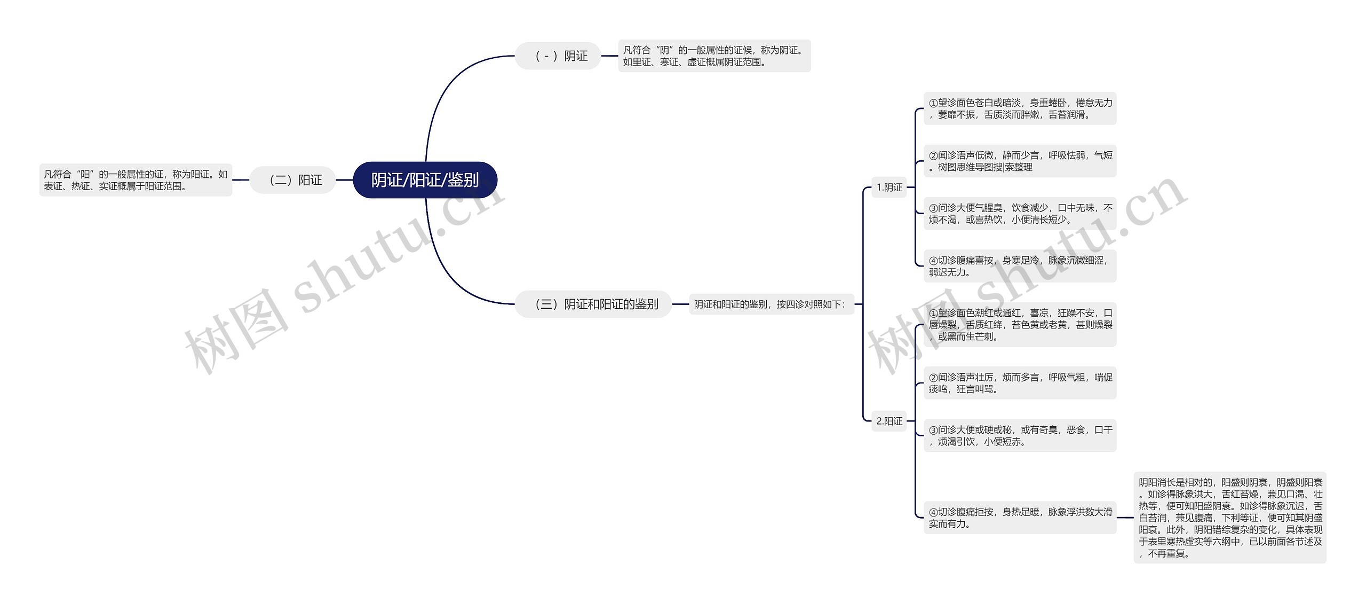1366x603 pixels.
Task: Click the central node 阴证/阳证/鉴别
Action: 425,180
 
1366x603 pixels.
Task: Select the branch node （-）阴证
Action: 558,56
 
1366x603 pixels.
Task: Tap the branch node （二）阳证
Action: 293,180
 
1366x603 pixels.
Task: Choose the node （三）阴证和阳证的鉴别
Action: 593,304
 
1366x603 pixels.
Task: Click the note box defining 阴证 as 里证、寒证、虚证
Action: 714,56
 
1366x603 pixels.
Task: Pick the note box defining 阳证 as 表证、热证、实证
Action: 136,180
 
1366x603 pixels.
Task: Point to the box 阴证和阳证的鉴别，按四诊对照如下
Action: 771,304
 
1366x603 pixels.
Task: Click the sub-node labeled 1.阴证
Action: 889,187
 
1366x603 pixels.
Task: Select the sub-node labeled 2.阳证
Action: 889,421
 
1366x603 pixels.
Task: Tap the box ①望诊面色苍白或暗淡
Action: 1020,108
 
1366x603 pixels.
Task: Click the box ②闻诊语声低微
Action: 1020,161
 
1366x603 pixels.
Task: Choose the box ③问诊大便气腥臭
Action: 1020,213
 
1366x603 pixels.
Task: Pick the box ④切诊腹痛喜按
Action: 1020,266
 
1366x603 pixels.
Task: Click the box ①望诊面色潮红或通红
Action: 1020,324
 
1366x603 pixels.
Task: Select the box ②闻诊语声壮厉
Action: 1020,383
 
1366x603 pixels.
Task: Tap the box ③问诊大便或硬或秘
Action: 1020,435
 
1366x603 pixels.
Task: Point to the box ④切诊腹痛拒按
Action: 1020,517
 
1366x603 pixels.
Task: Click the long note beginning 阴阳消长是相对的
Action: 1230,517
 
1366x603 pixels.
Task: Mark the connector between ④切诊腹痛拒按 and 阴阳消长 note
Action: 1125,517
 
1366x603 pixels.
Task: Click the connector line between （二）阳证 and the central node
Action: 344,180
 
